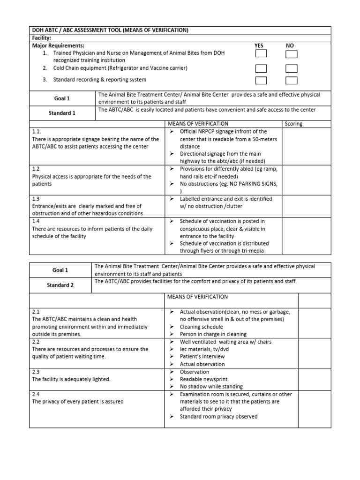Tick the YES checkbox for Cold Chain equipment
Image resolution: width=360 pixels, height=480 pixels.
[261, 67]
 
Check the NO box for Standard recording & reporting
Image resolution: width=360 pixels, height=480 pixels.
[292, 80]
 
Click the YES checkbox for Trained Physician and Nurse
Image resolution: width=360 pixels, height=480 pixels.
[261, 54]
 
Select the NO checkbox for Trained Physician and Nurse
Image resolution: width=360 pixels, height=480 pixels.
[292, 54]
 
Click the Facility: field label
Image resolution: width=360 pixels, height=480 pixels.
[41, 38]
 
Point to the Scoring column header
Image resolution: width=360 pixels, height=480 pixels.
[293, 124]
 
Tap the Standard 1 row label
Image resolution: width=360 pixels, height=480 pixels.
[62, 113]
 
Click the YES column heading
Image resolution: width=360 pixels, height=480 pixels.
[259, 45]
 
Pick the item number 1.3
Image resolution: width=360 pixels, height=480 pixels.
[36, 199]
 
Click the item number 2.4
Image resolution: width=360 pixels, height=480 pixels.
[36, 394]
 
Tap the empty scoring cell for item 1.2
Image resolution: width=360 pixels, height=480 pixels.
[307, 180]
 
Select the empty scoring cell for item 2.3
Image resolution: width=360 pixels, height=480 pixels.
[315, 379]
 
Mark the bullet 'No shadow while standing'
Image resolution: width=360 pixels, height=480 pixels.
[211, 387]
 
